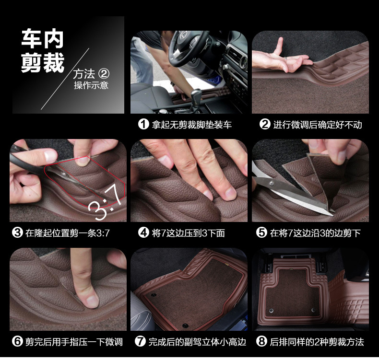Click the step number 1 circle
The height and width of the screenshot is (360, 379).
coord(143,125)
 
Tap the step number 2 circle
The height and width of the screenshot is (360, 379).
coord(265,125)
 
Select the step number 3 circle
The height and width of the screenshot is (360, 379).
coord(17,233)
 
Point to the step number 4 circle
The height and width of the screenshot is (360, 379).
coord(143,233)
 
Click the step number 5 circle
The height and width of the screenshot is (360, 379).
coord(261,233)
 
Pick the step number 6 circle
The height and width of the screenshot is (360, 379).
coord(17,342)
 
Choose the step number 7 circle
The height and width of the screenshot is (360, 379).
coord(140,342)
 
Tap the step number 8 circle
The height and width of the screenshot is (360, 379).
coord(261,342)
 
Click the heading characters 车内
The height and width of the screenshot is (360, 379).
coord(43,39)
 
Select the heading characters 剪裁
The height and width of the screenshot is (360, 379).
coord(43,62)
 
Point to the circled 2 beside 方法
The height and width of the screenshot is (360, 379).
coord(104,74)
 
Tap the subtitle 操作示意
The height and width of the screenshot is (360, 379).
coord(91,85)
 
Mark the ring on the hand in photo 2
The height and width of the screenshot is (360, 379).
coord(285,58)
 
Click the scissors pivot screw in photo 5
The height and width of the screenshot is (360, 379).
coord(272,184)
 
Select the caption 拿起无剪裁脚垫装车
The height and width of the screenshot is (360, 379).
coord(192,125)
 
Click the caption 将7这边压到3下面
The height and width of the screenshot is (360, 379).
coord(189,233)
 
